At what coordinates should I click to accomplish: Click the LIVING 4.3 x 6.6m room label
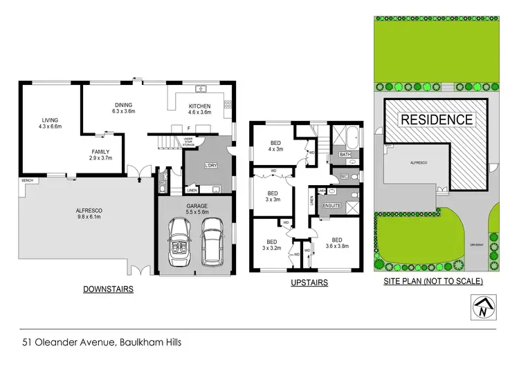click(x=50, y=123)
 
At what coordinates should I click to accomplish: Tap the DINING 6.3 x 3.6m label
click(x=124, y=108)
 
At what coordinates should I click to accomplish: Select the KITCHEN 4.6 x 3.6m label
click(x=199, y=108)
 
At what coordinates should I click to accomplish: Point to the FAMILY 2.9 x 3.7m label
click(x=101, y=155)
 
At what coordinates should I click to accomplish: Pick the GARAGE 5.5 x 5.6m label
click(x=196, y=208)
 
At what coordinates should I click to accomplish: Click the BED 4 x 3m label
click(x=275, y=146)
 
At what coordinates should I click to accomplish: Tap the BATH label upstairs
click(x=345, y=154)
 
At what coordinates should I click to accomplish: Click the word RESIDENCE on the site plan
click(x=437, y=119)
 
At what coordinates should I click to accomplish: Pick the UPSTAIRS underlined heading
click(x=308, y=282)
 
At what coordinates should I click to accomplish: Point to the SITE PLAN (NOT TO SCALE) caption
click(x=432, y=282)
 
